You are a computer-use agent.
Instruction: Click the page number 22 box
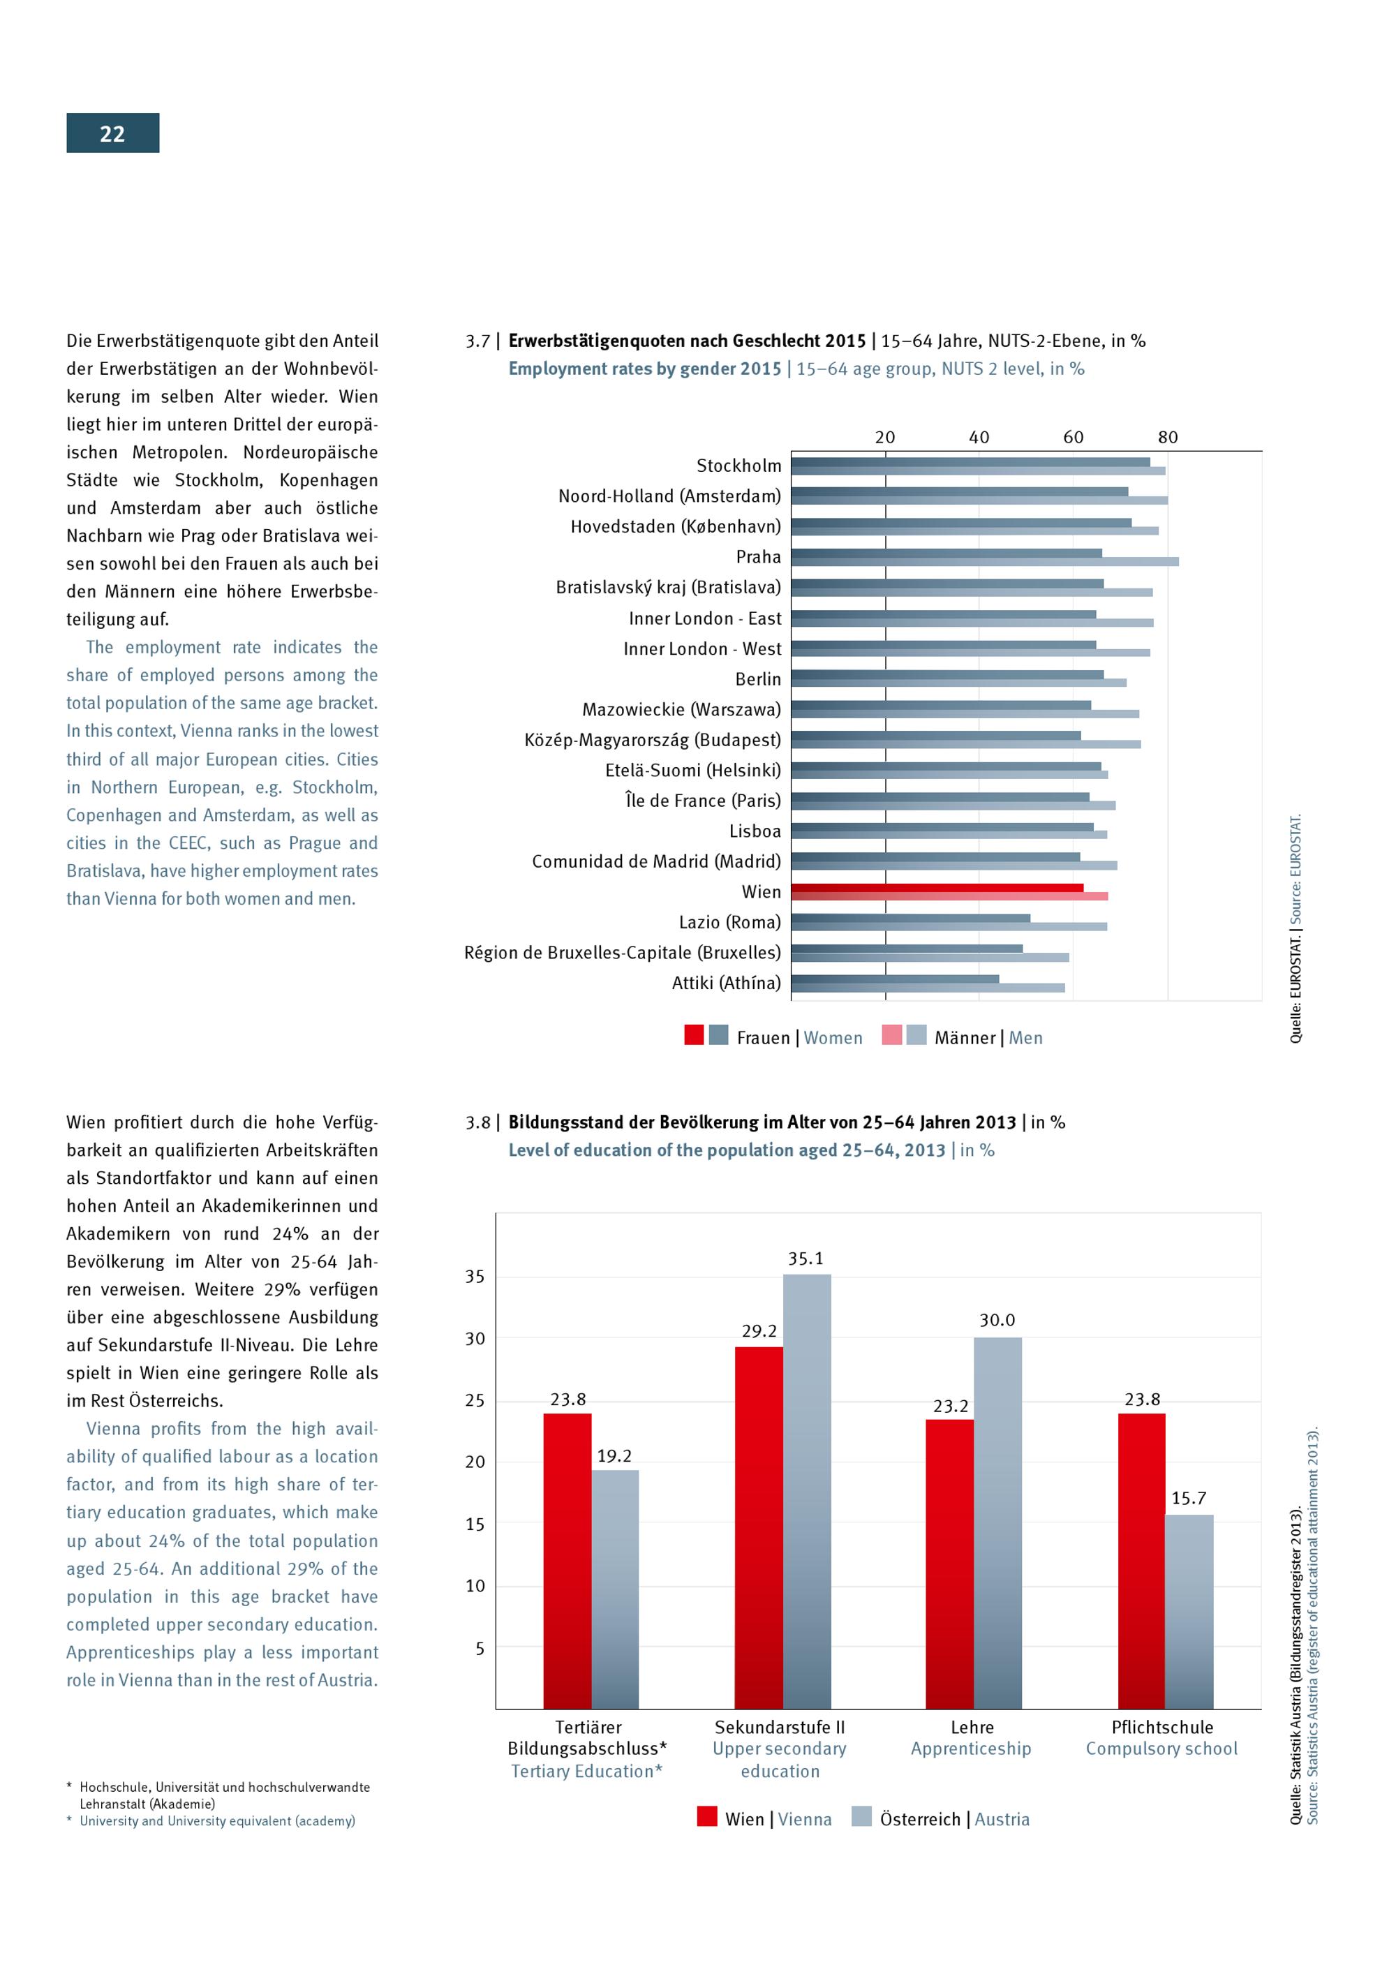tap(112, 133)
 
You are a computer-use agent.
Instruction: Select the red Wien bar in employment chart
tap(937, 887)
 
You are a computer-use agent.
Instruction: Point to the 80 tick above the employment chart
tap(1166, 437)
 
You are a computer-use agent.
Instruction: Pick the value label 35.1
tap(805, 1259)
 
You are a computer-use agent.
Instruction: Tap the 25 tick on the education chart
tap(475, 1400)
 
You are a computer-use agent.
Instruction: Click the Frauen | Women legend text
tap(799, 1038)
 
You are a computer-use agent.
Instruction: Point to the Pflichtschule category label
tap(1161, 1727)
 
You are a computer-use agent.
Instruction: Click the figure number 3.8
tap(477, 1122)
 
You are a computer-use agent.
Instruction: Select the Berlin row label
tap(757, 679)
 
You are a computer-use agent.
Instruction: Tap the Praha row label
tap(758, 557)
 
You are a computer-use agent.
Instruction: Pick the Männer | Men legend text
tap(988, 1038)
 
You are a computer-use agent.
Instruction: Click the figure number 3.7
tap(477, 341)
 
